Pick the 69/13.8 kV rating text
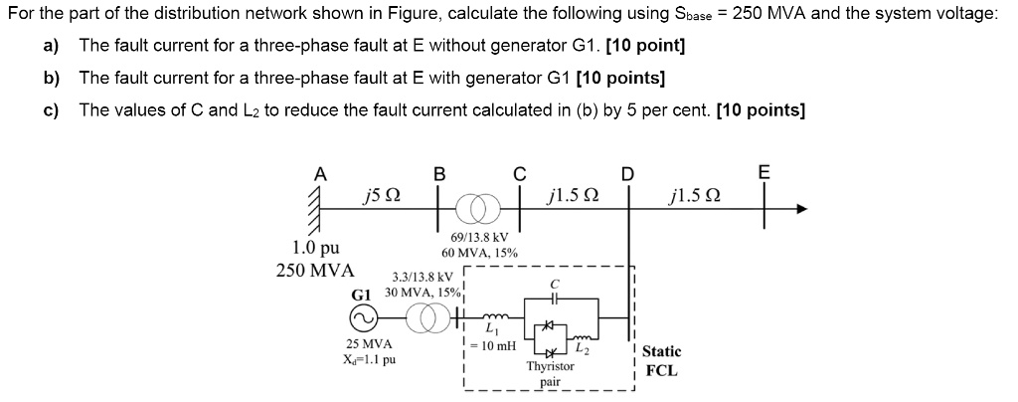479,238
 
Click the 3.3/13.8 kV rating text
423,277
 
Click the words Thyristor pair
550,373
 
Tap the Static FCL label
661,360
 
